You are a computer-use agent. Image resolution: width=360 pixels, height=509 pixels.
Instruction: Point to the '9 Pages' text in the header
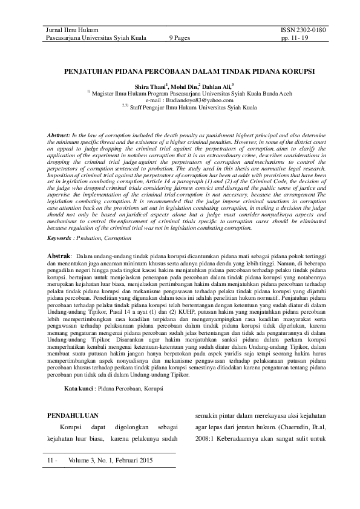coord(180,37)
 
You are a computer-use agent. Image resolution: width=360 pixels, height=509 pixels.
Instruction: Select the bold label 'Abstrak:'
coord(61,257)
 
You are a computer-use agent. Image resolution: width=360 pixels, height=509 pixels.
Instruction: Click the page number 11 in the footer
coord(50,461)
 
